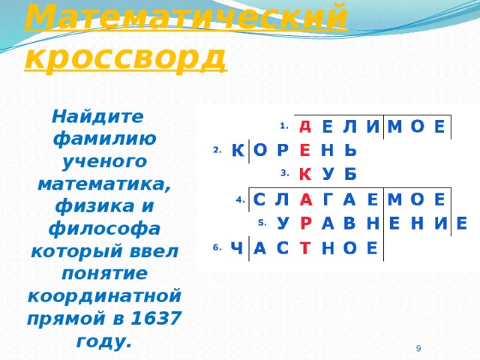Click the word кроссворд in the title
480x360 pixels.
(x=125, y=55)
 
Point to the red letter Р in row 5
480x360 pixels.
(x=306, y=223)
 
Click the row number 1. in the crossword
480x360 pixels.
(x=284, y=125)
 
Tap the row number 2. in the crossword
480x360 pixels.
(x=216, y=150)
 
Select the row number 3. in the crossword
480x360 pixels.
(x=284, y=173)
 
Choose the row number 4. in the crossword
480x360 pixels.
(x=239, y=199)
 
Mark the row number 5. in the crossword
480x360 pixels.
(x=262, y=222)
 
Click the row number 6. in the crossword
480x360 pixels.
(x=216, y=247)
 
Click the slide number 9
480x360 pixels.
(x=418, y=347)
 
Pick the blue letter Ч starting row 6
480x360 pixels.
(x=237, y=248)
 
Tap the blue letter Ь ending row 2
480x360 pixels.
(x=349, y=150)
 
